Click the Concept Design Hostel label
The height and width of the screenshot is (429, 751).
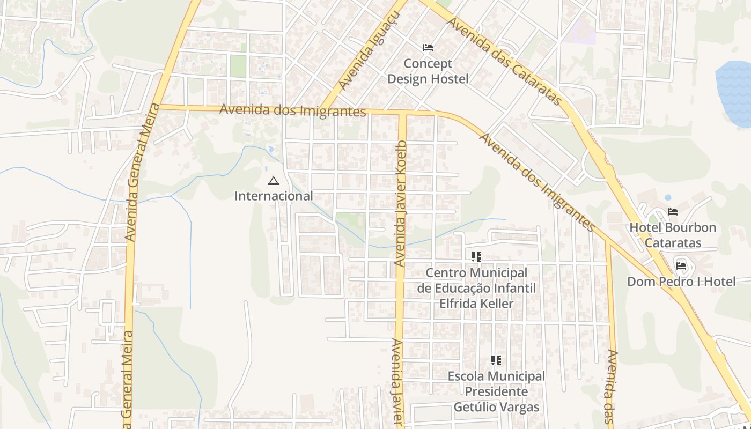428,71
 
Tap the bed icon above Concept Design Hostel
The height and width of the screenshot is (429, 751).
428,48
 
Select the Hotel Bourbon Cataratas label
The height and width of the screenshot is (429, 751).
672,235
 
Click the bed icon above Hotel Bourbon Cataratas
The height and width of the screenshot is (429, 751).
672,212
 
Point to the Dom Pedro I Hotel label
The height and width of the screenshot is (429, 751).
681,282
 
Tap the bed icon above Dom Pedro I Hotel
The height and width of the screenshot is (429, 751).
681,265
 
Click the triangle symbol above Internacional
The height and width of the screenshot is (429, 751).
274,181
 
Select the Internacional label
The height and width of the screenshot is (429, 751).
274,196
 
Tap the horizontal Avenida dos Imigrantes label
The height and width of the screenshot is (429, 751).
292,110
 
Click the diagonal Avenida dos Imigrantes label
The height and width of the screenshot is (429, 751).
536,182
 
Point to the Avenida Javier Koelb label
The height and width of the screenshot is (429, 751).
401,204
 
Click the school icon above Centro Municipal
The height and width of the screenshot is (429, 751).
476,257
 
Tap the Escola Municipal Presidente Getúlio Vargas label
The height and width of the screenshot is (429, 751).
496,391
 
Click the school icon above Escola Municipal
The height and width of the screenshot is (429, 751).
496,360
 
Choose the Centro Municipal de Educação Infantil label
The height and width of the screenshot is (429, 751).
476,288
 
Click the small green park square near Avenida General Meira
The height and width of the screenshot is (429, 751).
238,66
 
